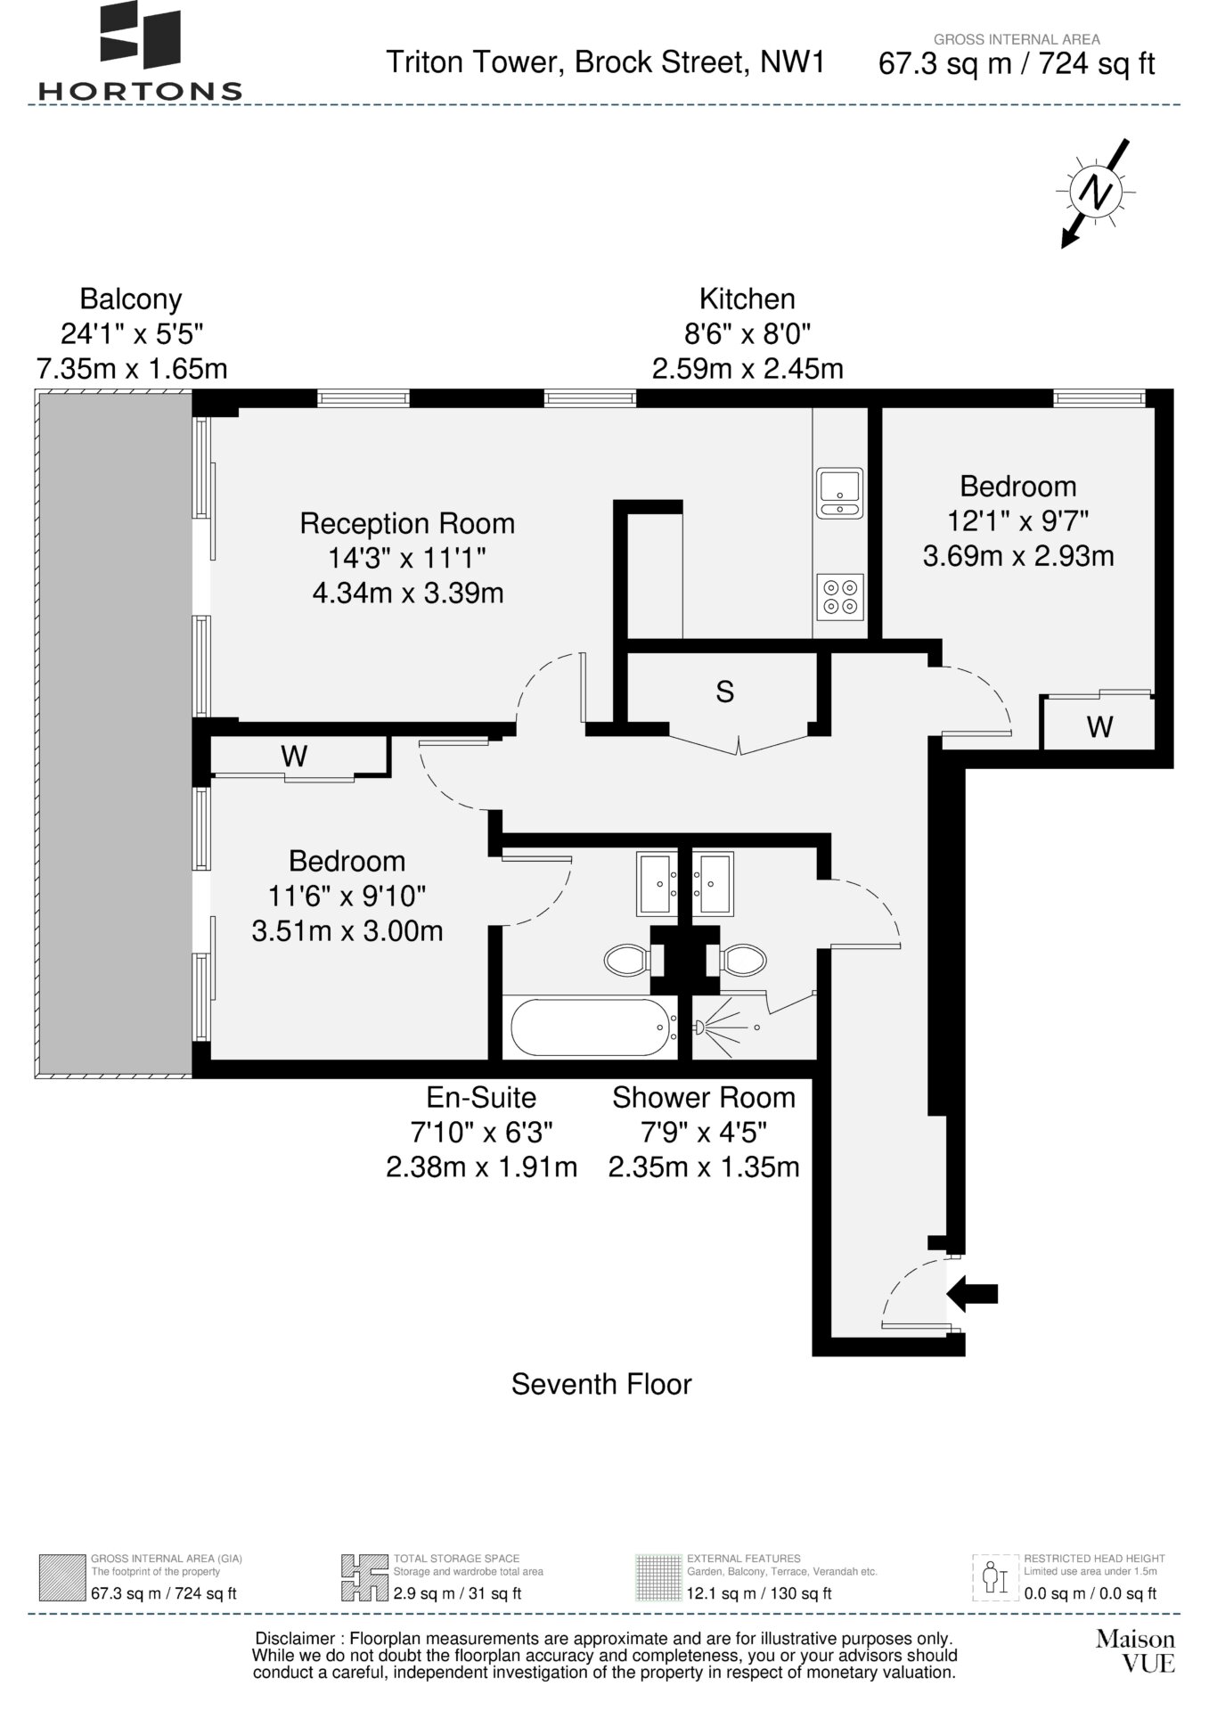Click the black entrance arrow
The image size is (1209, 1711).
point(972,1293)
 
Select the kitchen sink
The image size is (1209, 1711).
point(839,492)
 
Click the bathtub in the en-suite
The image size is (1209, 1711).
point(590,1027)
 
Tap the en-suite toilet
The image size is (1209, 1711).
point(628,960)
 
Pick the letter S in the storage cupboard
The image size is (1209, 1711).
point(725,692)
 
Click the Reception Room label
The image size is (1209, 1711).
point(407,524)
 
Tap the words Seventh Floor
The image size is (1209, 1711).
point(601,1384)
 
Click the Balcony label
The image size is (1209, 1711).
point(131,299)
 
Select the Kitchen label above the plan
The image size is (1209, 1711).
point(747,299)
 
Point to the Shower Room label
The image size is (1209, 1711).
point(704,1097)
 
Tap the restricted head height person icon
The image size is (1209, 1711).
point(994,1578)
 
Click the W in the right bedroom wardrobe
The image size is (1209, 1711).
point(1099,727)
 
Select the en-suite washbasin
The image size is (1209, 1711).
point(658,883)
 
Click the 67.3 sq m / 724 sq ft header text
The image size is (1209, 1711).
point(1017,64)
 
